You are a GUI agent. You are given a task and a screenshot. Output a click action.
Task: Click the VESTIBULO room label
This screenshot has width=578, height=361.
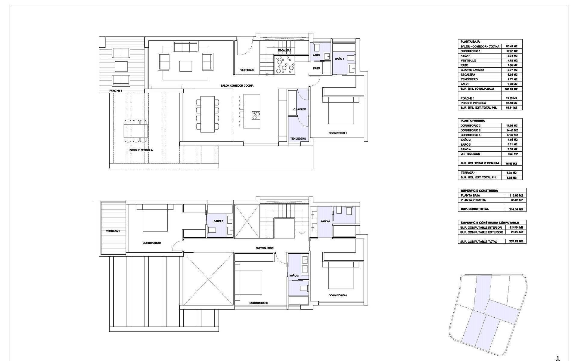coord(247,70)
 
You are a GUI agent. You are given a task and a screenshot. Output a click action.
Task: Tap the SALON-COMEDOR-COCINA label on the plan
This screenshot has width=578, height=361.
coord(237,86)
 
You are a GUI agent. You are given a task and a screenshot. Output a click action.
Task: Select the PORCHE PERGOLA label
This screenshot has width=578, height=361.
coord(141,150)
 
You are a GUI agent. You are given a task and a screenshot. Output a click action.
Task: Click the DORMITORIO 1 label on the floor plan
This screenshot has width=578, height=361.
coord(337,133)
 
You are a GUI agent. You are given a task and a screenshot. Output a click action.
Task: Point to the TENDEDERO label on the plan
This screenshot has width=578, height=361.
coord(298,139)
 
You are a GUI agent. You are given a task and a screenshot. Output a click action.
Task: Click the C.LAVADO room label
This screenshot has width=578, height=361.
coord(300,109)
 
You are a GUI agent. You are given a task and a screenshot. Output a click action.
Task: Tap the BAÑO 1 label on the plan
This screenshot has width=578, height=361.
coord(339,59)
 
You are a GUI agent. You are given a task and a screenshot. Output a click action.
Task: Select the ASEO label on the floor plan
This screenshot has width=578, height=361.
coord(316,55)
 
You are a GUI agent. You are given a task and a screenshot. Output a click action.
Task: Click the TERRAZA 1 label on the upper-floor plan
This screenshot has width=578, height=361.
coord(113,231)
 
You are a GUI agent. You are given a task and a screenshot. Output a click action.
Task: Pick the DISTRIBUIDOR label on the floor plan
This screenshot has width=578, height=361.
coord(265,248)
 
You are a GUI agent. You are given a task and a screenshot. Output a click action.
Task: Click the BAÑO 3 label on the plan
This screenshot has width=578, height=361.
coord(294,276)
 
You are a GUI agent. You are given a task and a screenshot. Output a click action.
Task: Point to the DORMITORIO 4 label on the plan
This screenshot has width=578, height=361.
coord(337,295)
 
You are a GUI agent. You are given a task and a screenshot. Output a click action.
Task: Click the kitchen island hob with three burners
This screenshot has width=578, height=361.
coord(256,115)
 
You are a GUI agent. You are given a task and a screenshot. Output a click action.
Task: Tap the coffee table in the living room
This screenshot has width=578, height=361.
coord(186,66)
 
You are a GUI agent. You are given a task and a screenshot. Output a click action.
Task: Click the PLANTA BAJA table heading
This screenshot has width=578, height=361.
coord(470,42)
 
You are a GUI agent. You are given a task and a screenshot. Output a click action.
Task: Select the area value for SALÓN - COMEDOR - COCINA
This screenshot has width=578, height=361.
coord(511,46)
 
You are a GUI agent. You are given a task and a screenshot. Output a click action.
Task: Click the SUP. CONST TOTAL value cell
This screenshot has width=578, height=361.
coord(516,209)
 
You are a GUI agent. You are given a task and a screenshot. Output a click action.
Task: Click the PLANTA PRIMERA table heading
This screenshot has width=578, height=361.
coord(472,121)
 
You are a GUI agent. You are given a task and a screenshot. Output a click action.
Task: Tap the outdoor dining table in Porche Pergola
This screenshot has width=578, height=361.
coord(136,131)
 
